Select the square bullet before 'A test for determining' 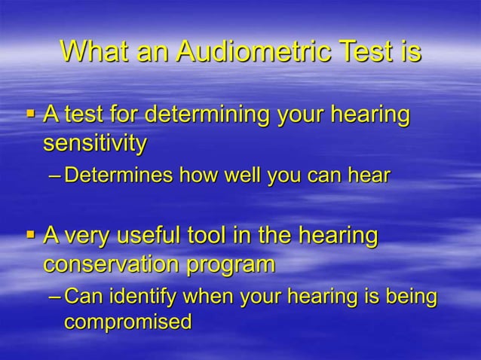(x=31, y=114)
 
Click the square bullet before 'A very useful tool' (x=31, y=234)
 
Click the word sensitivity (x=94, y=143)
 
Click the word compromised (x=127, y=322)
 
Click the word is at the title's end (x=406, y=51)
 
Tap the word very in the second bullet (x=85, y=236)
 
